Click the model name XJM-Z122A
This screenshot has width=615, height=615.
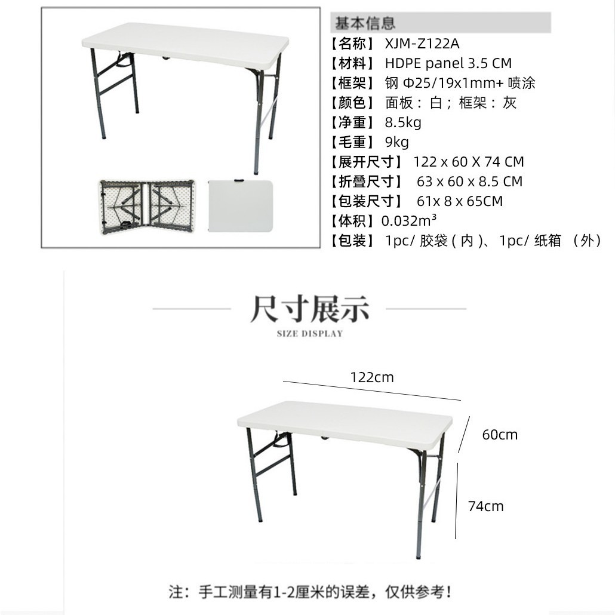click(x=422, y=44)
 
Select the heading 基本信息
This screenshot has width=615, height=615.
click(x=365, y=23)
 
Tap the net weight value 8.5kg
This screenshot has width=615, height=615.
click(x=403, y=122)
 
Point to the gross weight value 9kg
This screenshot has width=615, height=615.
click(x=397, y=142)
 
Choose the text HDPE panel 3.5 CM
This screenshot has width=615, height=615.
click(x=448, y=63)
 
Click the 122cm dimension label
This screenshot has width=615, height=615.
click(x=372, y=377)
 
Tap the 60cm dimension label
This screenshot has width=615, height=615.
click(x=500, y=435)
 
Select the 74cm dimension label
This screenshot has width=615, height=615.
click(x=485, y=506)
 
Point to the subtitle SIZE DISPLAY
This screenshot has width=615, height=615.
click(x=310, y=334)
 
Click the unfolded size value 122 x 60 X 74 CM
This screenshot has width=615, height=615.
click(x=468, y=162)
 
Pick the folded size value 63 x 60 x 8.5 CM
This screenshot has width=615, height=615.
click(x=469, y=182)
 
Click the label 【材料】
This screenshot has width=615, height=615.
click(x=353, y=63)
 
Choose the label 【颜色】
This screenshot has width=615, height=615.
click(x=353, y=103)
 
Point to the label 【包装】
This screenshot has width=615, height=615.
click(x=353, y=241)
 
